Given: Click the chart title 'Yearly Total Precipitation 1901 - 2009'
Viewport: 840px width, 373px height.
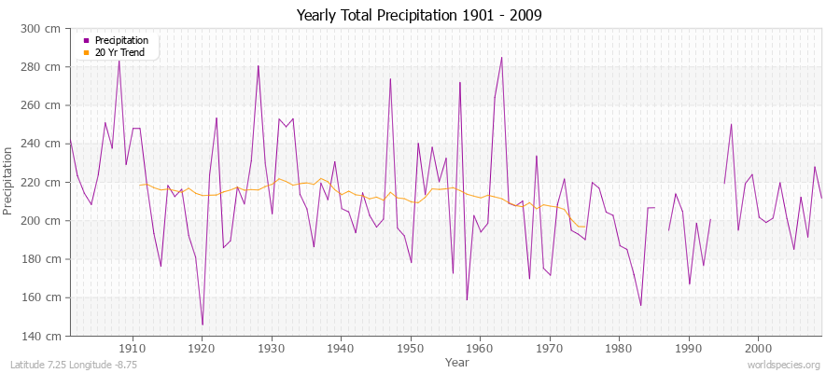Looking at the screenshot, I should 419,16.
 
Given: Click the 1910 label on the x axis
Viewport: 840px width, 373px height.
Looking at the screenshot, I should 133,348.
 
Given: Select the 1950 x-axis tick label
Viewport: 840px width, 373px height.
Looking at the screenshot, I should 411,348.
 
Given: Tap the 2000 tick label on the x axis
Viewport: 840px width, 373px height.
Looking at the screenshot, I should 758,348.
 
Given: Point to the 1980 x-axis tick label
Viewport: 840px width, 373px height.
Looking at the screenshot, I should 619,348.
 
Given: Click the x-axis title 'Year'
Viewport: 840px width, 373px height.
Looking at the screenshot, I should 457,361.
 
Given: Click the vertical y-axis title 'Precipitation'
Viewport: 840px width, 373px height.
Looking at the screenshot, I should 9,182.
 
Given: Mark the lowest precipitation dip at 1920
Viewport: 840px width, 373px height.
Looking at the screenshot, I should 203,325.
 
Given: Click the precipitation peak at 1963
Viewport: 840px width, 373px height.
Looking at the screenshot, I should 501,58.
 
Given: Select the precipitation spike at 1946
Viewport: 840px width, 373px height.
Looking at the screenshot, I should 390,78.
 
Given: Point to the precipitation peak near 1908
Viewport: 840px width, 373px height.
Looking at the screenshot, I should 119,60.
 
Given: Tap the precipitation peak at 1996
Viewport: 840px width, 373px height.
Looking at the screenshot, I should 731,124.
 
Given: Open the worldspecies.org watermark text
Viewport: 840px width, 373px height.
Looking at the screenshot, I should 784,365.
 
